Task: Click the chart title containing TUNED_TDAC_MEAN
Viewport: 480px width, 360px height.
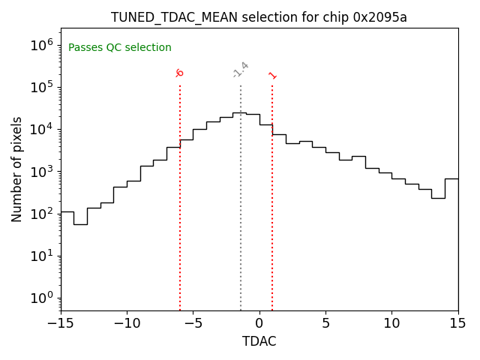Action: [259, 17]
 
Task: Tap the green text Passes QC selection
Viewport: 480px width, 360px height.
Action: [120, 48]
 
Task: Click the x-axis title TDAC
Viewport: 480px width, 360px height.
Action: [259, 341]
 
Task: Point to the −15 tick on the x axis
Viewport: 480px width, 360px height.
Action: [61, 323]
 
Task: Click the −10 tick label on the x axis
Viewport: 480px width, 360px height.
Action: [127, 323]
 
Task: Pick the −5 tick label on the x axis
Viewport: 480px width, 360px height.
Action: [193, 323]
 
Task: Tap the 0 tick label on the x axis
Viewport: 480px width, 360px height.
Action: [259, 323]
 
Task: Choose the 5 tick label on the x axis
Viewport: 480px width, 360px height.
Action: [325, 323]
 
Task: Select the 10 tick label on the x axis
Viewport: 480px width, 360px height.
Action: [391, 323]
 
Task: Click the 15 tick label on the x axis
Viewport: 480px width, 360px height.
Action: [457, 323]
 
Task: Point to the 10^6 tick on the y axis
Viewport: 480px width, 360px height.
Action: [42, 44]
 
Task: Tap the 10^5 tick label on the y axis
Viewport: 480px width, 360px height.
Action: [42, 87]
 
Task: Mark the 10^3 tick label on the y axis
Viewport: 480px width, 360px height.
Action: [42, 172]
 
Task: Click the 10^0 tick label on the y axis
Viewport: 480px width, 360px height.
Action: [42, 298]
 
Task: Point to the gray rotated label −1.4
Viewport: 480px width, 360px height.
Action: [241, 70]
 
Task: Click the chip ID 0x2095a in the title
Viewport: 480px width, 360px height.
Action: [380, 17]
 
